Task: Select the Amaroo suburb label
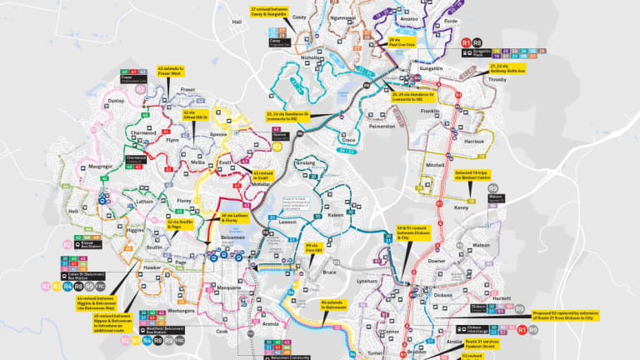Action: pyautogui.click(x=409, y=18)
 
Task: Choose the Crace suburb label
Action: pyautogui.click(x=349, y=140)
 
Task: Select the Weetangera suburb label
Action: pyautogui.click(x=181, y=310)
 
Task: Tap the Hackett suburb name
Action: pyautogui.click(x=502, y=297)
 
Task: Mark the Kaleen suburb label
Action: pyautogui.click(x=336, y=216)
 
